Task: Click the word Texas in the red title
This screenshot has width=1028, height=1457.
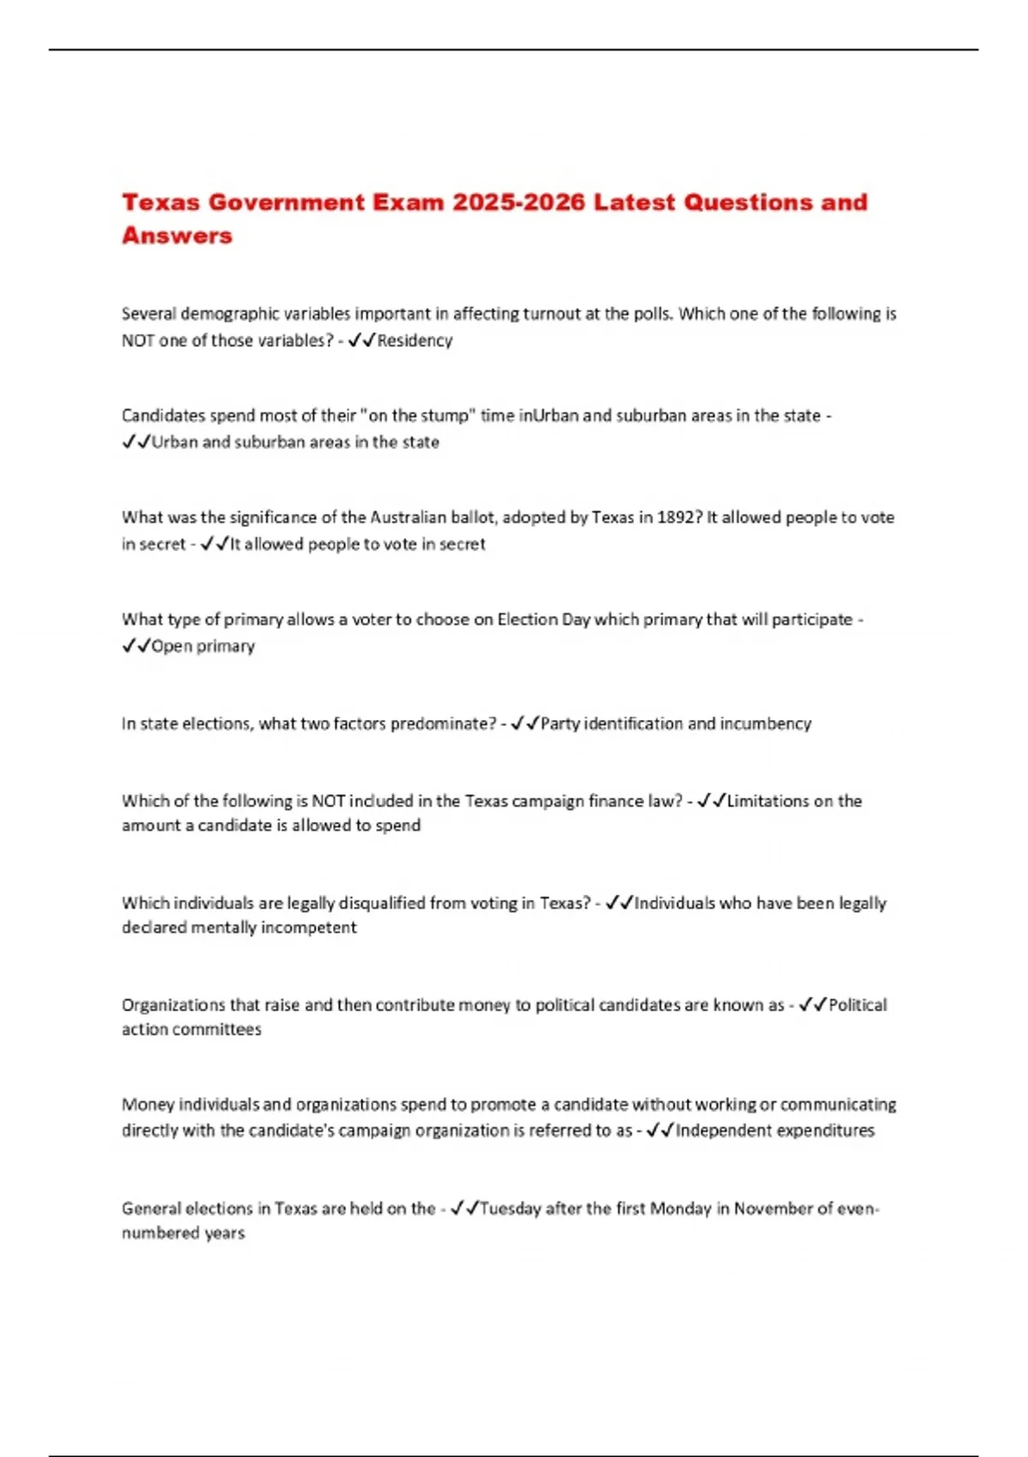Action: tap(160, 202)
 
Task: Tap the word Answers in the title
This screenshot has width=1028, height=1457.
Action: tap(177, 236)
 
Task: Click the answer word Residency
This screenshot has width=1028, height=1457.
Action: tap(415, 340)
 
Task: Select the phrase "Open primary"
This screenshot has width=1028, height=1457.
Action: tap(203, 646)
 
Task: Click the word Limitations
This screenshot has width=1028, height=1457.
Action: tap(768, 801)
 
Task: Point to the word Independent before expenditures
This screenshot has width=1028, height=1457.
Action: tap(717, 1130)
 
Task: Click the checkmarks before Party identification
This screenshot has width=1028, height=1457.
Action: tap(524, 724)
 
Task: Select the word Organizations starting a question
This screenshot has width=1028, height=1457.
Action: tap(173, 1004)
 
